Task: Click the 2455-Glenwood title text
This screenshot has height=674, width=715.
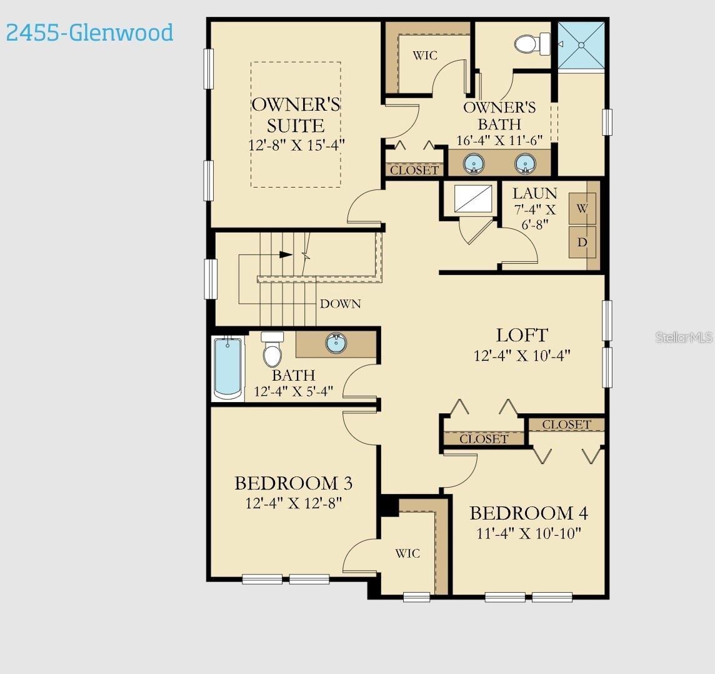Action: tap(89, 33)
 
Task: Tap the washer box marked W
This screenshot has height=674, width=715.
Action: tap(582, 209)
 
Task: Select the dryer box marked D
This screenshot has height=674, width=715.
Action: tap(582, 242)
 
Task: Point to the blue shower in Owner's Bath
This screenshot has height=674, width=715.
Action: tap(581, 45)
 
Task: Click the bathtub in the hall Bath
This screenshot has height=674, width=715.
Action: tap(228, 367)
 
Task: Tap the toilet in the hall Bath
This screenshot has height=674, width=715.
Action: tap(272, 350)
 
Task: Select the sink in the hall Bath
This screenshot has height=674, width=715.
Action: tap(336, 343)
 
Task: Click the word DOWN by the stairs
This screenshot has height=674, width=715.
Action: tap(340, 304)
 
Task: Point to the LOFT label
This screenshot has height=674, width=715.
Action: tap(522, 335)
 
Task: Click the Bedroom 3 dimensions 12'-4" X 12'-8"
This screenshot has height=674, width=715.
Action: tap(293, 503)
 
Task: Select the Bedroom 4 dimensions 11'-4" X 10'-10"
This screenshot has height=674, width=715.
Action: tap(528, 533)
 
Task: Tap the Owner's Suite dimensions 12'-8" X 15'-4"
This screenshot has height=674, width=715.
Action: tap(296, 144)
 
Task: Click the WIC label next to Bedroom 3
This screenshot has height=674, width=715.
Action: tap(407, 553)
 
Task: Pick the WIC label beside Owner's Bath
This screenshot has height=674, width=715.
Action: tap(425, 56)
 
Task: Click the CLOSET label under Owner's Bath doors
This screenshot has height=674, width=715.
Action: tap(414, 170)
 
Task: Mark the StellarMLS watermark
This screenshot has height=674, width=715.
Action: tap(684, 338)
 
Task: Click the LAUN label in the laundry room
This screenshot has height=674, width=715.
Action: tap(534, 193)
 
